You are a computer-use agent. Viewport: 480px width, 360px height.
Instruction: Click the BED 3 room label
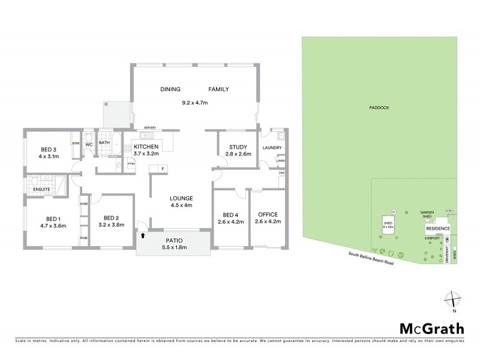[x=49, y=149]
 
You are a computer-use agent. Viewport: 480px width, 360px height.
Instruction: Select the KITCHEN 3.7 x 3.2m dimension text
[x=146, y=154]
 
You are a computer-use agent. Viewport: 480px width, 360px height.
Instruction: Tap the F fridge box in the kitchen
[x=163, y=169]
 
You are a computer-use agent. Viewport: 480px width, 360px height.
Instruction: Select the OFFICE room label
[x=268, y=214]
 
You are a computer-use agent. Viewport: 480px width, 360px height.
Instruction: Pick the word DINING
[x=170, y=89]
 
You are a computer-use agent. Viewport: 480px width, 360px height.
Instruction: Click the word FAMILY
[x=218, y=89]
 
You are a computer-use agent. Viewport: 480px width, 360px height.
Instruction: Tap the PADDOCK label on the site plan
[x=380, y=107]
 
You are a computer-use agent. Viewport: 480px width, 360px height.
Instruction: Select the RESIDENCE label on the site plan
[x=437, y=229]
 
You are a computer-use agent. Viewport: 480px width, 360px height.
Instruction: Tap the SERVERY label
[x=150, y=128]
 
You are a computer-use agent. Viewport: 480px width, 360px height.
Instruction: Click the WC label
[x=88, y=145]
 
